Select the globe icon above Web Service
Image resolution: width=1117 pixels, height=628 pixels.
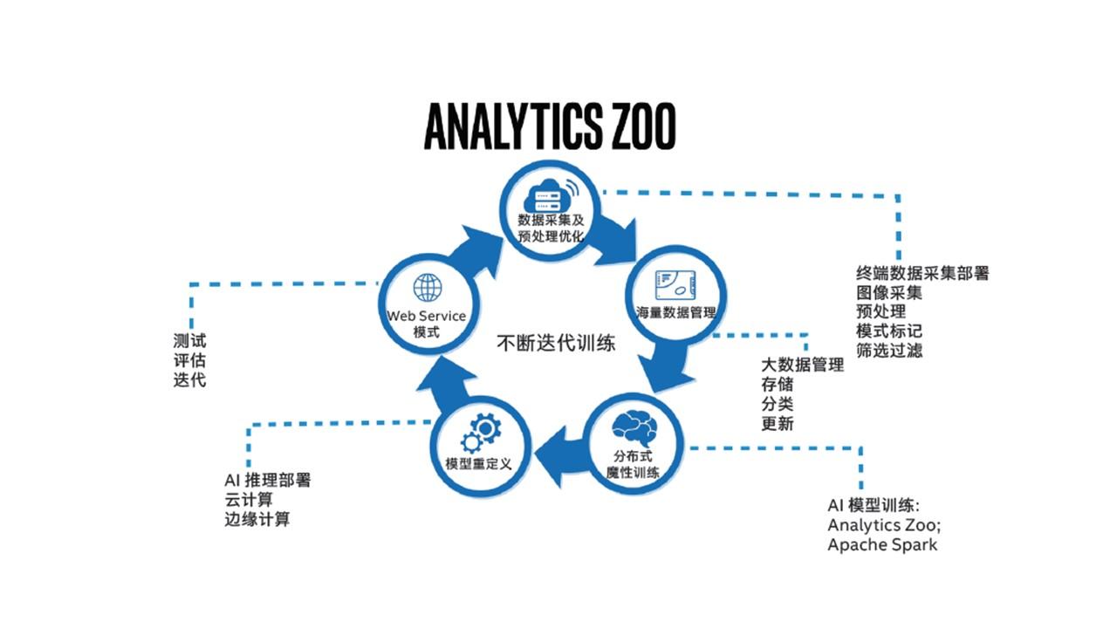428,288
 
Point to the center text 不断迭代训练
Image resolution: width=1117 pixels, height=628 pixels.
556,343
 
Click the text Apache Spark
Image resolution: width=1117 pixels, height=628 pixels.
882,545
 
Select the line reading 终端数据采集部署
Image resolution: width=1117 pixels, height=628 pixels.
922,274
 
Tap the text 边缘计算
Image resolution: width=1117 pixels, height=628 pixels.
257,519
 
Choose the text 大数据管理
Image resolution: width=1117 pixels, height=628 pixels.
802,365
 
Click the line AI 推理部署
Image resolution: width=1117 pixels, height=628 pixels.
267,481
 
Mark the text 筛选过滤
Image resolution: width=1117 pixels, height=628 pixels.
889,351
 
